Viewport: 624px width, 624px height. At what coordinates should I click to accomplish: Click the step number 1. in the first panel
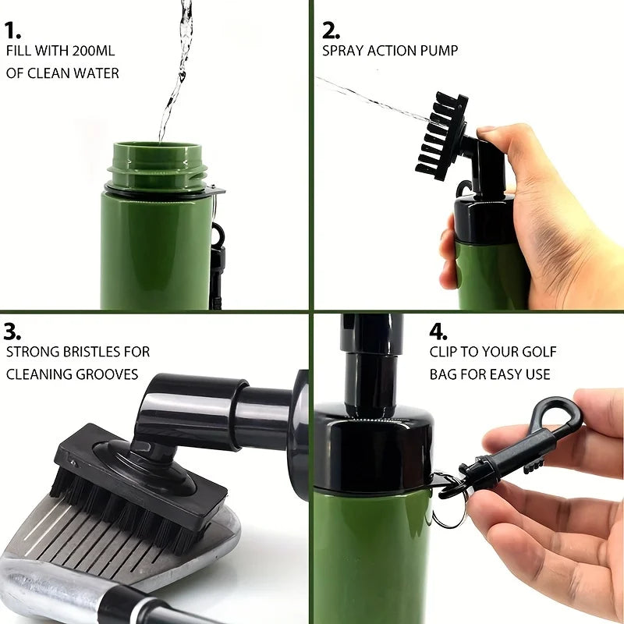(12, 30)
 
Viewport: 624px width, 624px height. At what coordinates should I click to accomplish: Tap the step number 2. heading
(331, 30)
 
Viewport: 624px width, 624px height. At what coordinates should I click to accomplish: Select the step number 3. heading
(12, 331)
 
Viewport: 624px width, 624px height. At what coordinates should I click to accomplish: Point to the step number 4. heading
(439, 331)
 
